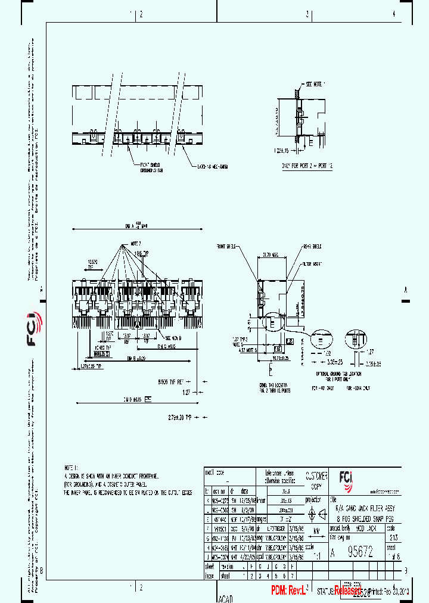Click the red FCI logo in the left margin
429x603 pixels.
(33, 331)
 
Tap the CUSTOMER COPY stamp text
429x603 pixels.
(316, 480)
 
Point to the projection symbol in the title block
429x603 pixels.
(316, 514)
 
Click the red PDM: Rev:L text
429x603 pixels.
(289, 590)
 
